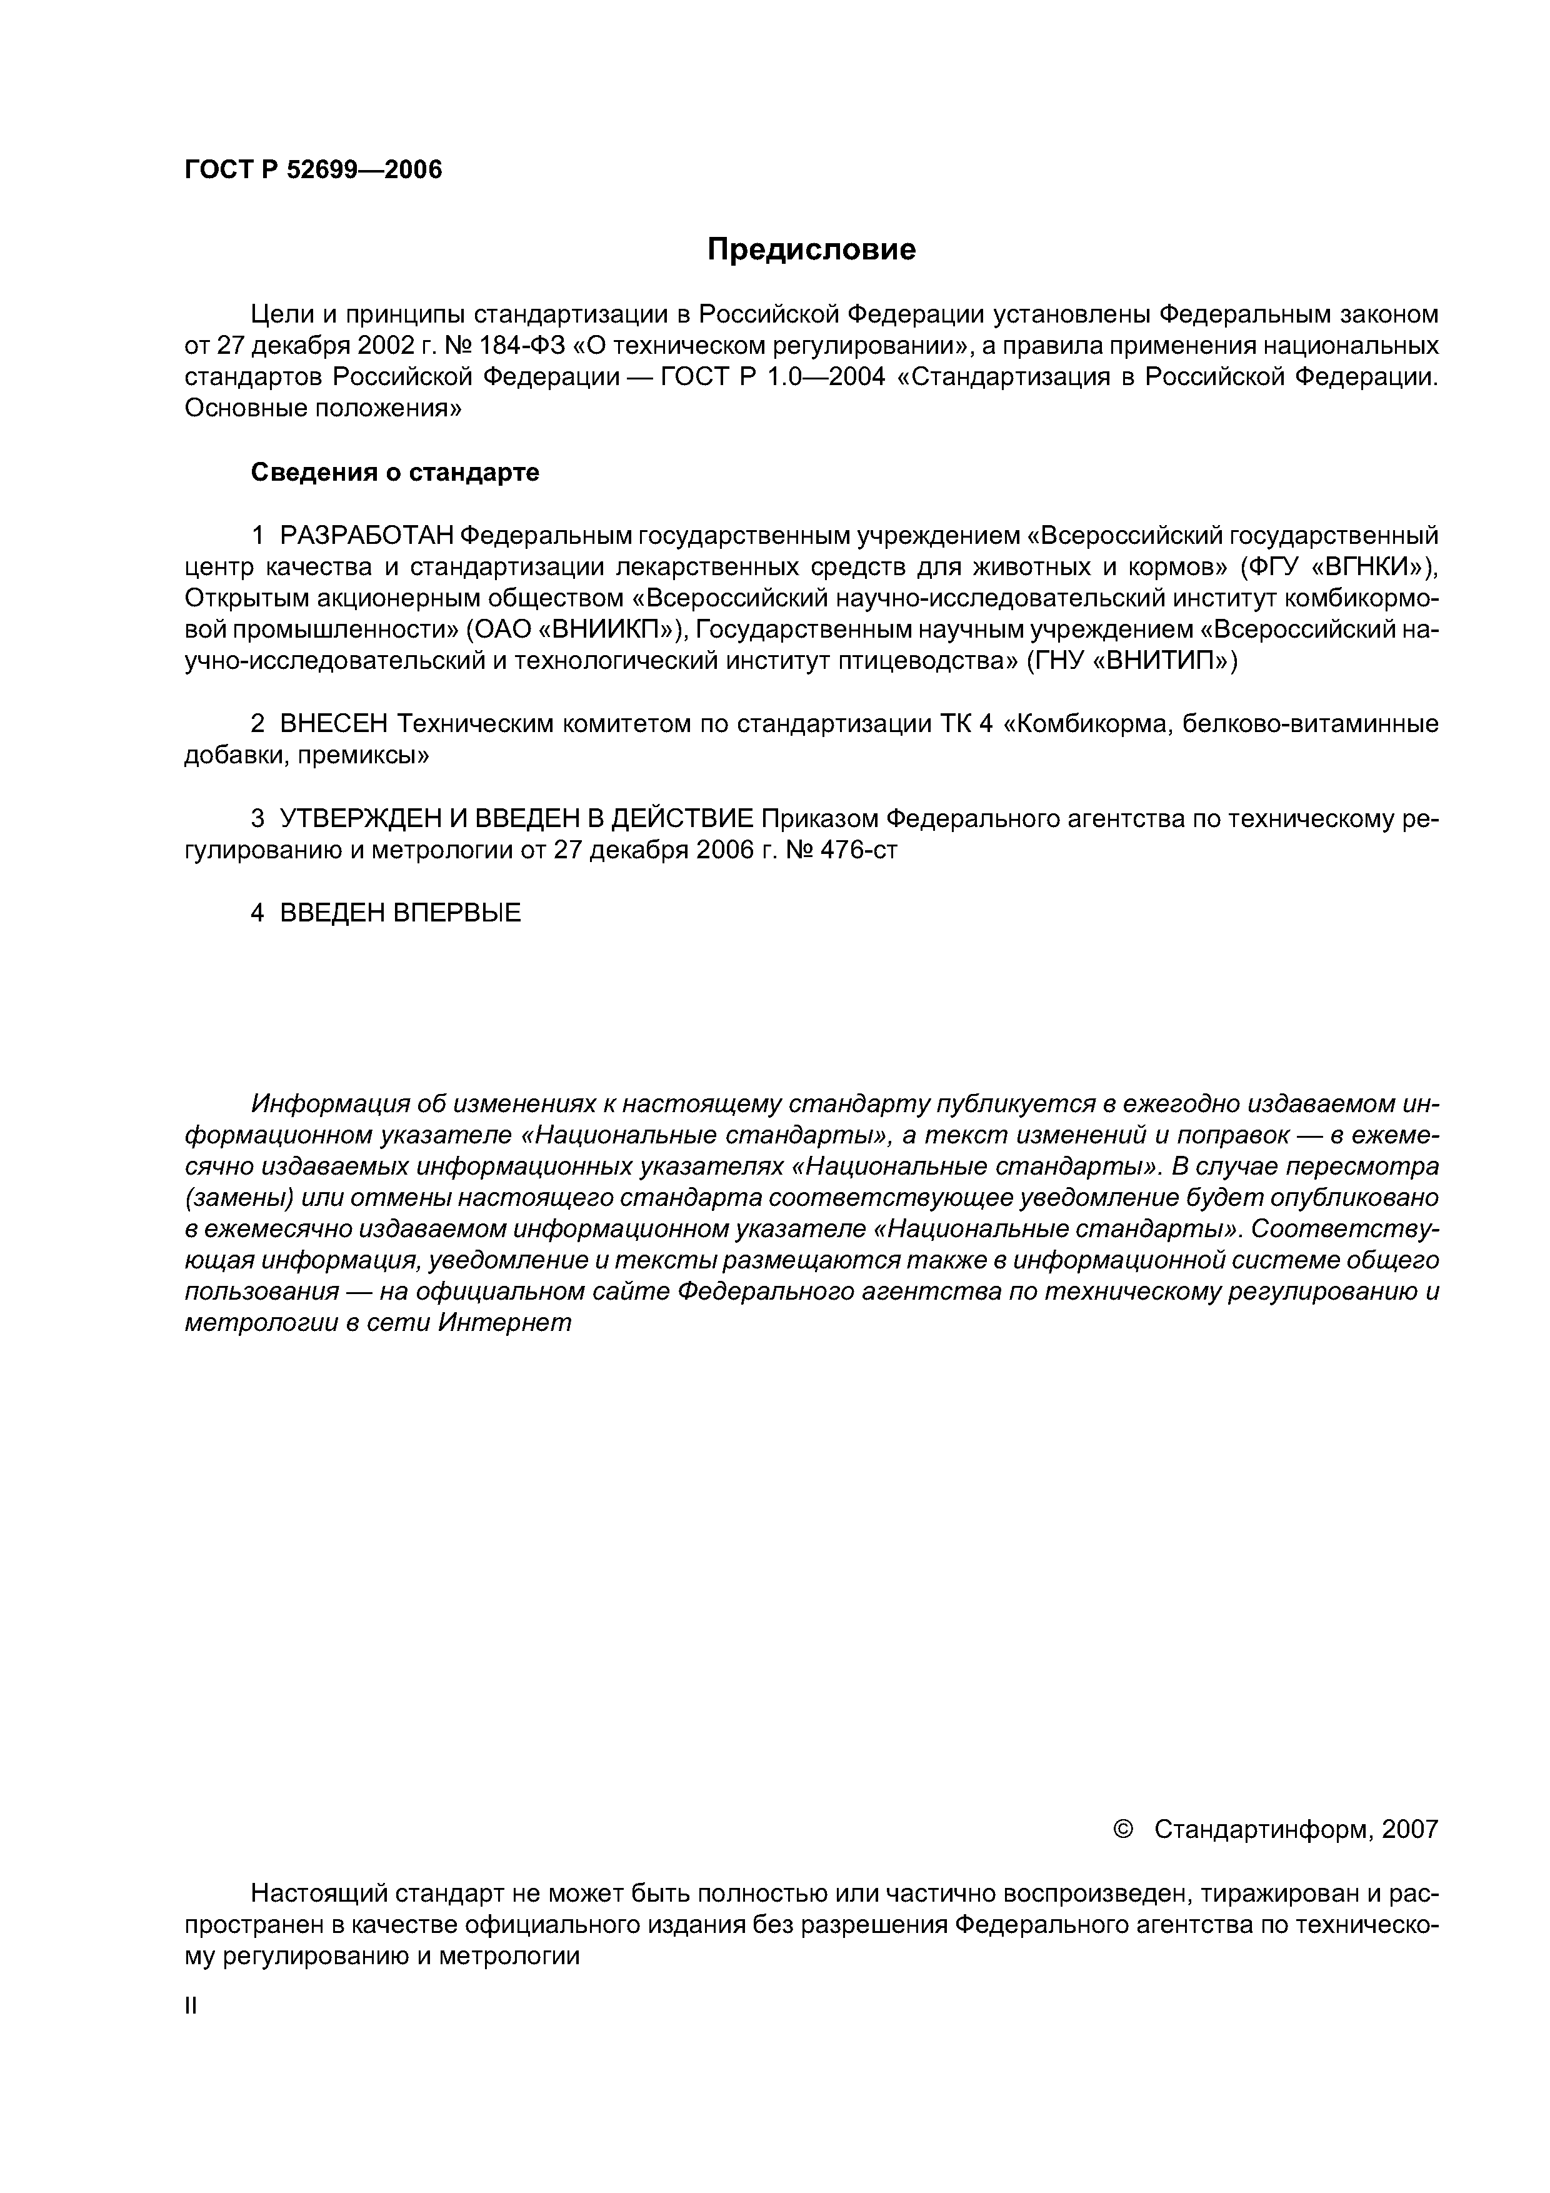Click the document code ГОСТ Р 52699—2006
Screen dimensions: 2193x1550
pyautogui.click(x=313, y=170)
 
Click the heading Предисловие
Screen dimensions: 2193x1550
pyautogui.click(x=811, y=250)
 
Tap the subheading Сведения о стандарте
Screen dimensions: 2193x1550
pyautogui.click(x=394, y=473)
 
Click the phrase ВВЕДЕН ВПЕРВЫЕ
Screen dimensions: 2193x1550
pyautogui.click(x=400, y=914)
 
